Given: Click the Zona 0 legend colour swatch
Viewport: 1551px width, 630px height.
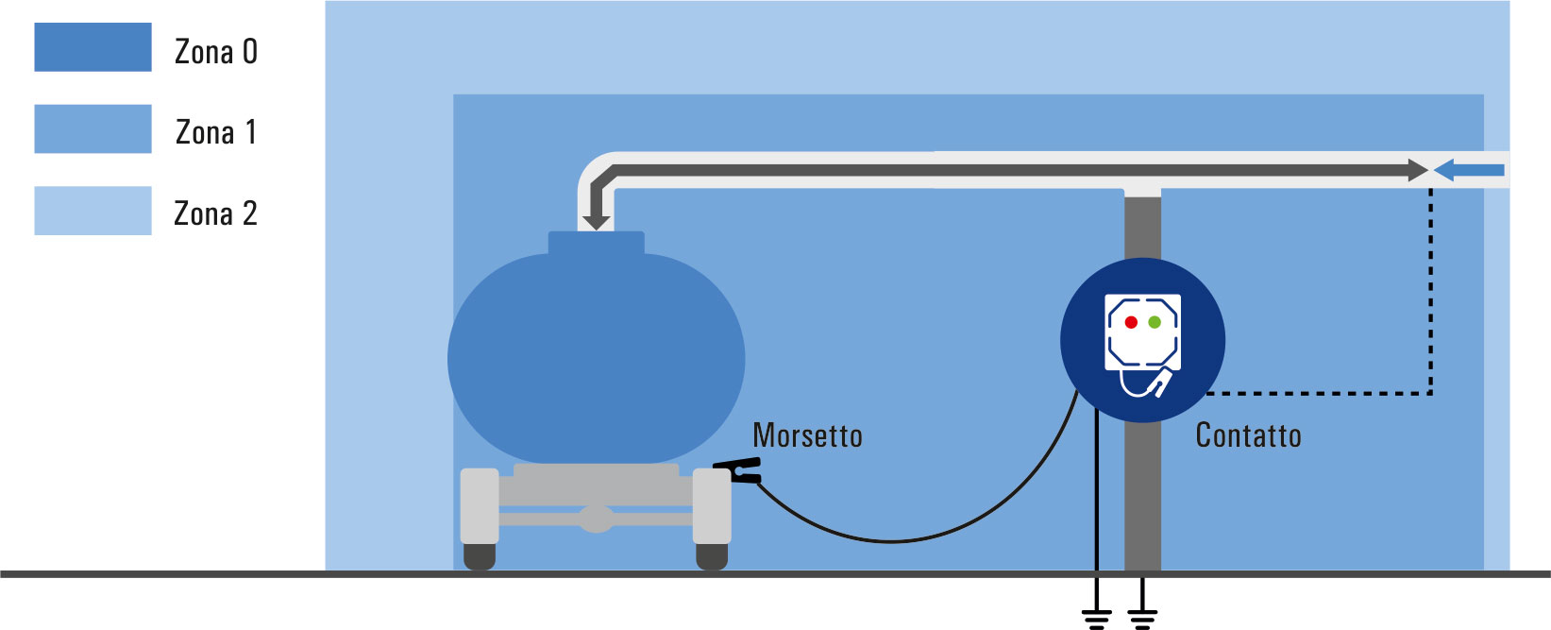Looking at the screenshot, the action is [93, 47].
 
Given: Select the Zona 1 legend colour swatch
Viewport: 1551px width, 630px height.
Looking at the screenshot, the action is [93, 128].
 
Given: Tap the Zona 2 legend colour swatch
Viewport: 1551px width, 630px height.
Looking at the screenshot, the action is [93, 211].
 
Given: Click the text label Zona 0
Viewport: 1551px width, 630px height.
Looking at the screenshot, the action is [216, 52].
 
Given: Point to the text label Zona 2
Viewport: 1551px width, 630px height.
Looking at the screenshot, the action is [216, 213].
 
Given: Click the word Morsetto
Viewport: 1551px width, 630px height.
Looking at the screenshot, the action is [807, 436].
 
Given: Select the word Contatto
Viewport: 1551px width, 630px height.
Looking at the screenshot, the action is [1248, 436].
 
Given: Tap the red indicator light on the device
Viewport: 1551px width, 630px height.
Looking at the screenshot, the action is [1132, 322].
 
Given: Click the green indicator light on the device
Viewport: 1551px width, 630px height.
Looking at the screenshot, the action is [1155, 322].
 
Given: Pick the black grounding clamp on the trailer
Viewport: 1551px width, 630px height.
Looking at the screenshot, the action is [738, 470].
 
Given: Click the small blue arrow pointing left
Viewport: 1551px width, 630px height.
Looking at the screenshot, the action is [1469, 170].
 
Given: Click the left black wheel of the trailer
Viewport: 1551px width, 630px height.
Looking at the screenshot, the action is [480, 556].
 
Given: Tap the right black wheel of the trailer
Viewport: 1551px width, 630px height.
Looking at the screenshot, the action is [712, 556].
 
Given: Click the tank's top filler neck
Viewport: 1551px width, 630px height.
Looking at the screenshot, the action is [597, 244].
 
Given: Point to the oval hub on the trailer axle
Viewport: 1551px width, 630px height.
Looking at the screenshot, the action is [597, 519].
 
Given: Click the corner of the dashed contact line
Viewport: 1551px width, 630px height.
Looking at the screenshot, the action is [1430, 394].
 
